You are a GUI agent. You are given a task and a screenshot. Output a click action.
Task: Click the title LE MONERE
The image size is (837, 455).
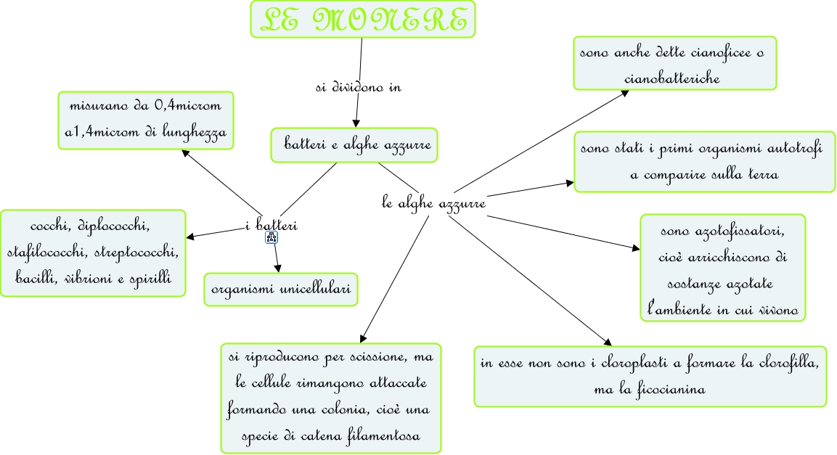[363, 20]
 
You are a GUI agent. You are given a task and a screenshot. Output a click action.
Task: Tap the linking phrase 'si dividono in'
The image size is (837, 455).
[359, 87]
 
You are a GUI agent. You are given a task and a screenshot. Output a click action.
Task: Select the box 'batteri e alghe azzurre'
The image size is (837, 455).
[354, 146]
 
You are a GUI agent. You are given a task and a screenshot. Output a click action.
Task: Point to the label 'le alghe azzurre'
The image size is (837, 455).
[433, 203]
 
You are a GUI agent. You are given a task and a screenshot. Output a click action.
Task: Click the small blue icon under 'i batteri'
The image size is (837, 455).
[272, 237]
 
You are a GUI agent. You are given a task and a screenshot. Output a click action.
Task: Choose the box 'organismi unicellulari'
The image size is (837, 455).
[281, 290]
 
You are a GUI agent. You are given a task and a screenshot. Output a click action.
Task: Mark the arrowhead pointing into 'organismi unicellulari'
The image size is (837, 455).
[278, 269]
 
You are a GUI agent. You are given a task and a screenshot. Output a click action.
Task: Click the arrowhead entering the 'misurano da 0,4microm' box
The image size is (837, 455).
[186, 152]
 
